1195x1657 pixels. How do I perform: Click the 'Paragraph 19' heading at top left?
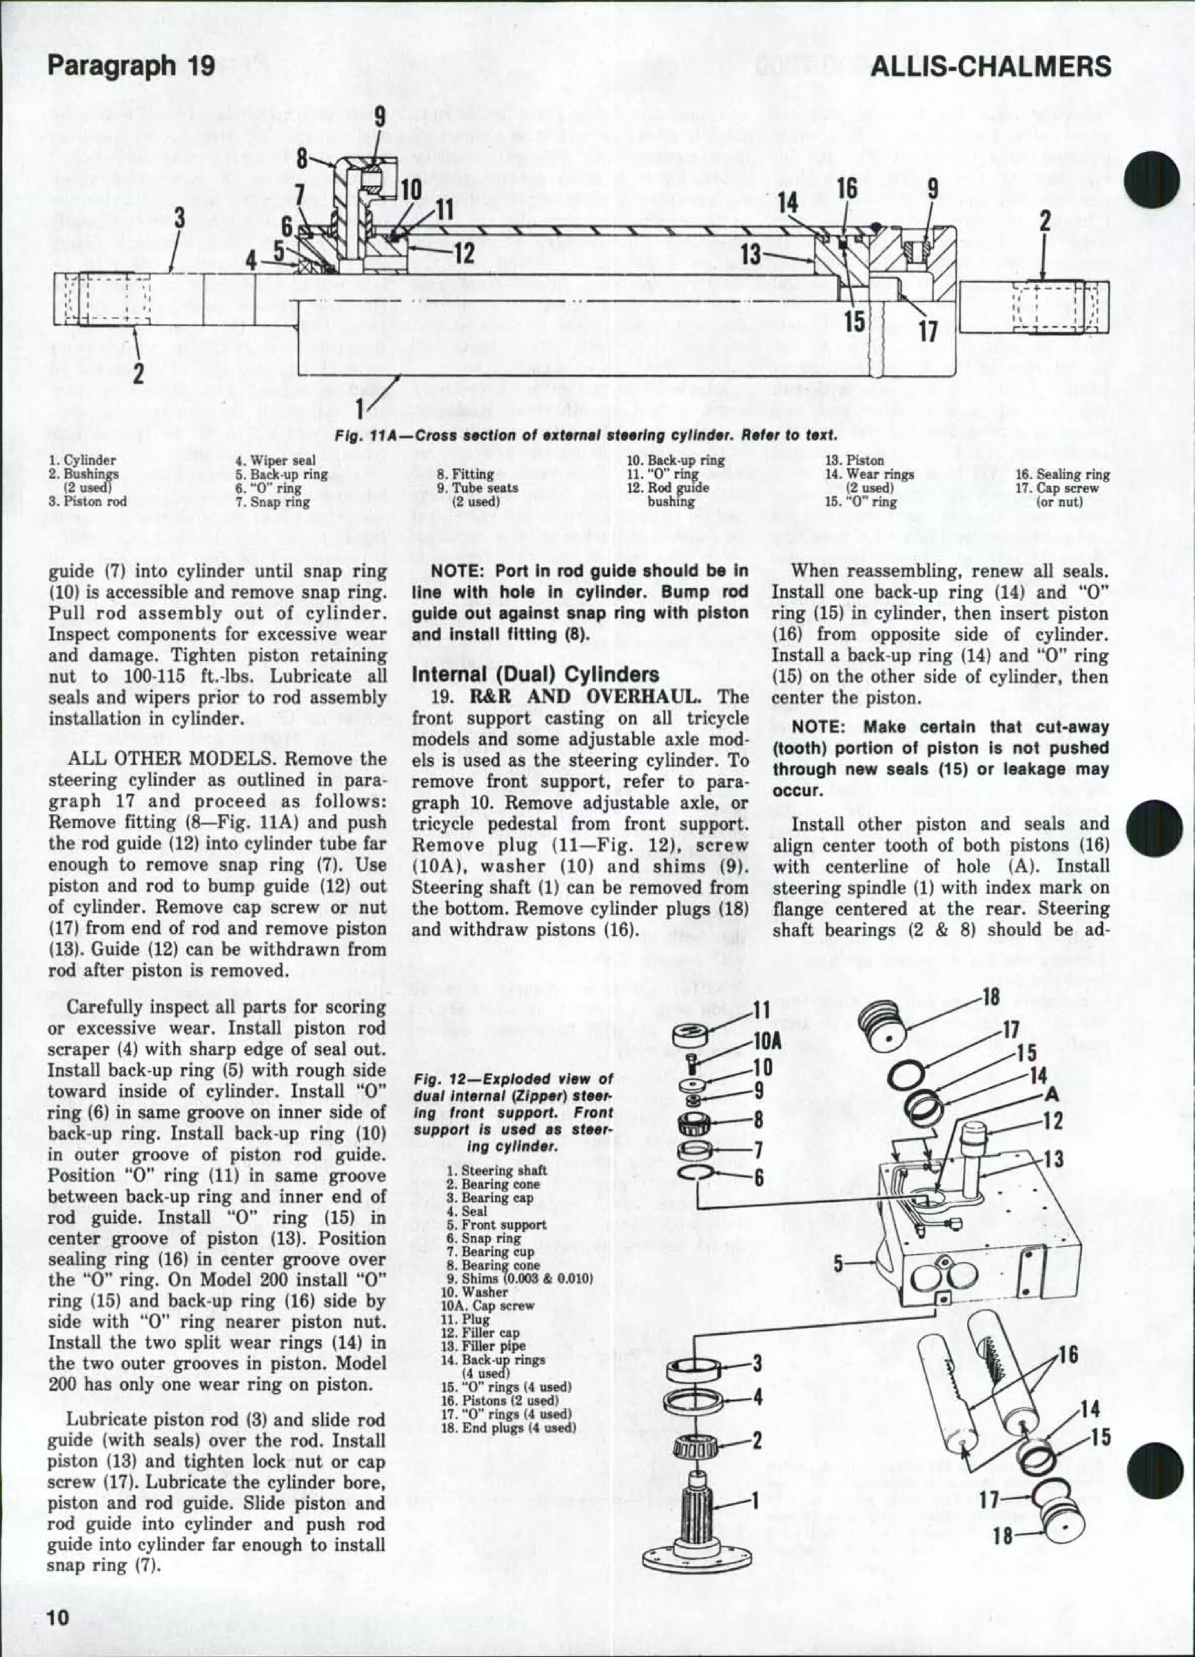131,67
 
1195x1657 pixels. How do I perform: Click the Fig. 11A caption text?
584,436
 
